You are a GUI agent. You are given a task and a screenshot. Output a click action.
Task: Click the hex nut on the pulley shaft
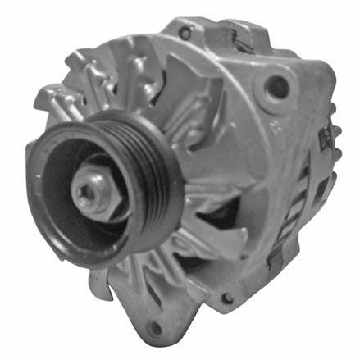[x=92, y=191]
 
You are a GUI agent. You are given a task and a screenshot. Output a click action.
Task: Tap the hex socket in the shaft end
[x=89, y=191]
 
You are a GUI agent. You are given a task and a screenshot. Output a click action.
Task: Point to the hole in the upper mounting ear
[x=278, y=85]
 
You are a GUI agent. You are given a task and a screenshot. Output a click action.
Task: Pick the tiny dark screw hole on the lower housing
[x=226, y=300]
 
